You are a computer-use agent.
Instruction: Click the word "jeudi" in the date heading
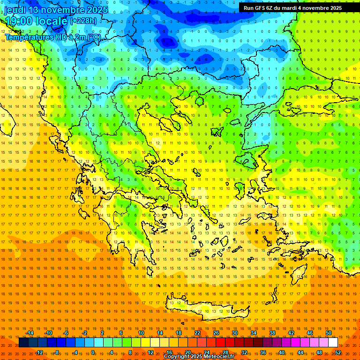(15, 10)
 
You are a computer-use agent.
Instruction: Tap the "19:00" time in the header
(18, 21)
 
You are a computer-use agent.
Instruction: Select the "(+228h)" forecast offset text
(83, 21)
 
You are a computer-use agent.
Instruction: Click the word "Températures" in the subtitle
(29, 37)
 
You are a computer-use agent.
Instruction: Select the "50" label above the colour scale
(329, 333)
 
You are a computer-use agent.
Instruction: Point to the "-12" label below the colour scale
(39, 352)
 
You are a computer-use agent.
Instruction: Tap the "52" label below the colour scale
(338, 352)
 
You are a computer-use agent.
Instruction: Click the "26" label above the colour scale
(216, 333)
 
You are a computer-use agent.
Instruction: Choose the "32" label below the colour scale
(244, 352)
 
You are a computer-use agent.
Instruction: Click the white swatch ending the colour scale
(333, 343)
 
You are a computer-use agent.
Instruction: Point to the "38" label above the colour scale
(272, 333)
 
